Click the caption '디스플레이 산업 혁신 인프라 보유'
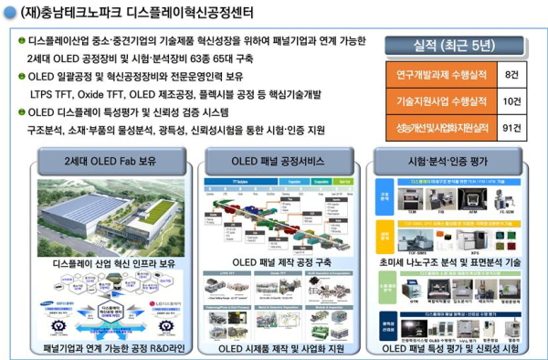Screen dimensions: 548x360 (103, 263)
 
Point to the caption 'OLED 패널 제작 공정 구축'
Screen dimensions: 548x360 (273, 263)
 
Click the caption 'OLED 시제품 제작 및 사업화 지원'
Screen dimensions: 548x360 (273, 348)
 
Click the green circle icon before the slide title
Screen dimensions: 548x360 (12, 14)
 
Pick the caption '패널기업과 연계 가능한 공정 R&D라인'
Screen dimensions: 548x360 (103, 348)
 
